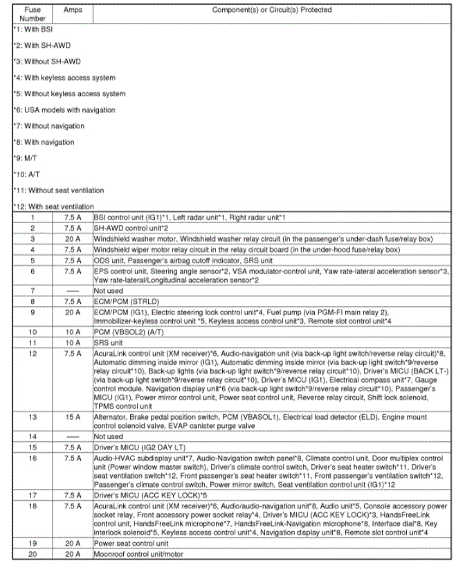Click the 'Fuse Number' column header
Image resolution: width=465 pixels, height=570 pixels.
pyautogui.click(x=33, y=14)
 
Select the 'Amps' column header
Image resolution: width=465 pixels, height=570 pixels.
pyautogui.click(x=73, y=10)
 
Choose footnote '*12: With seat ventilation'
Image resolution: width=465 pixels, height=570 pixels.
pyautogui.click(x=54, y=206)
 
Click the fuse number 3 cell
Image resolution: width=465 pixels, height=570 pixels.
pyautogui.click(x=33, y=238)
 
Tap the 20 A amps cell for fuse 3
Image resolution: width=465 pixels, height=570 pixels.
pyautogui.click(x=73, y=238)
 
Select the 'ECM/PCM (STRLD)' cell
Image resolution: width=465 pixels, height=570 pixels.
pyautogui.click(x=121, y=302)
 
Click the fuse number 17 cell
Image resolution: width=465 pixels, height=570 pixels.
pyautogui.click(x=33, y=495)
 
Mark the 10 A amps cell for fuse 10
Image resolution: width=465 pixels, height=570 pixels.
pyautogui.click(x=73, y=332)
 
